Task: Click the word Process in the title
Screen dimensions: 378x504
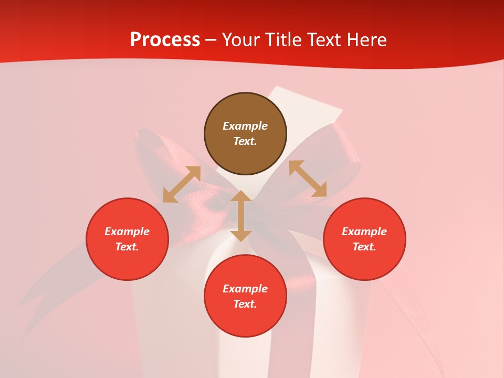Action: pos(165,40)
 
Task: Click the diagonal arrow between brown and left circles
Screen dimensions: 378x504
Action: pos(182,184)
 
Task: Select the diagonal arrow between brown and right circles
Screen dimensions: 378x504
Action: pos(308,178)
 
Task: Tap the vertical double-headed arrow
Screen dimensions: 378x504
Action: pos(241,216)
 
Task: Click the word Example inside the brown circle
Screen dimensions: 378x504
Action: pos(245,126)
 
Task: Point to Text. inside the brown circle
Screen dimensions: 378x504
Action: pos(245,141)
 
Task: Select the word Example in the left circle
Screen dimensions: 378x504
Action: pos(127,232)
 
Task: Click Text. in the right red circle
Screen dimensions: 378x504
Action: pos(364,247)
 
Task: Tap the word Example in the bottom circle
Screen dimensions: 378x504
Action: pos(245,289)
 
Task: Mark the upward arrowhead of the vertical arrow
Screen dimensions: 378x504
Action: pos(241,196)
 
